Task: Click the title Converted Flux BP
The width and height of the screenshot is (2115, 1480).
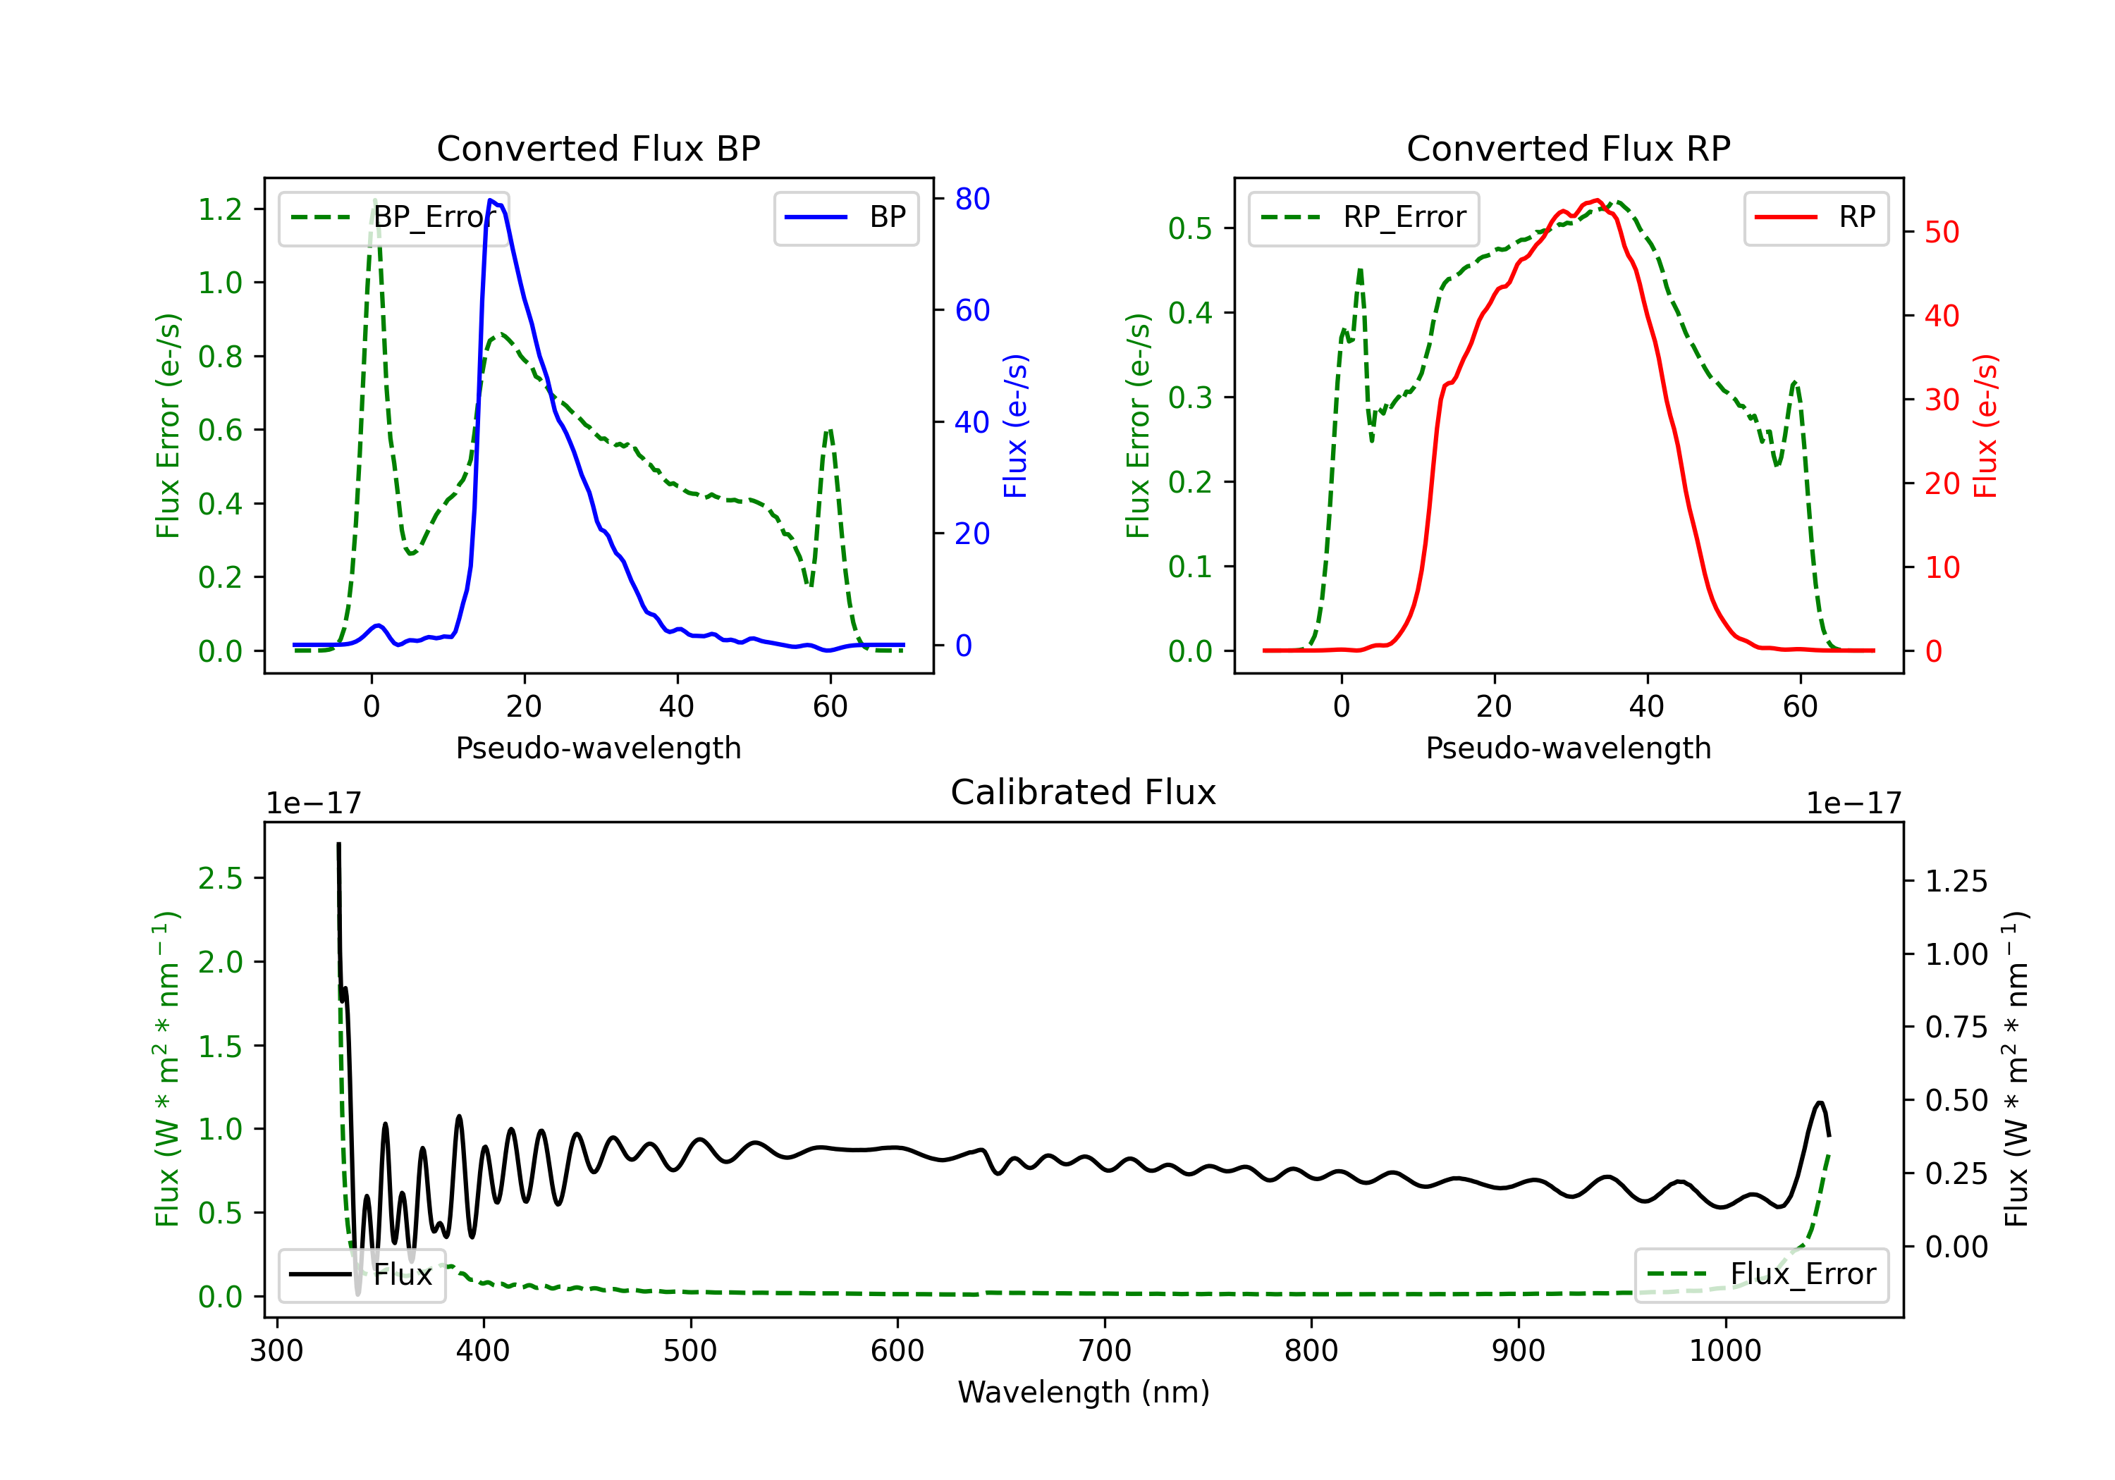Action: click(598, 148)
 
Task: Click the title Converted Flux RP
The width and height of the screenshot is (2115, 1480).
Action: click(1568, 148)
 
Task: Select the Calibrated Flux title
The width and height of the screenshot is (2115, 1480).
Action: click(1084, 792)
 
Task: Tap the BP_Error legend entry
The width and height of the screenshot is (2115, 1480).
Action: click(393, 217)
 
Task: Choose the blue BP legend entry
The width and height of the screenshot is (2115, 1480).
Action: click(845, 217)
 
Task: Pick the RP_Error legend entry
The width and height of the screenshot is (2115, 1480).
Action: click(1363, 217)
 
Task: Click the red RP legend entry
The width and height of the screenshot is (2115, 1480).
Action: click(1815, 217)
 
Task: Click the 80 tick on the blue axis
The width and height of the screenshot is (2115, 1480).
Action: click(971, 199)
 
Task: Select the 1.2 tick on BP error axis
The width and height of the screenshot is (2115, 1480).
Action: click(220, 209)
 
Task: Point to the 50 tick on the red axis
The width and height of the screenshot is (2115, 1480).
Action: click(1942, 232)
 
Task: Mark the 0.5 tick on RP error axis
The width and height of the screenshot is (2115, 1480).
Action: click(1190, 228)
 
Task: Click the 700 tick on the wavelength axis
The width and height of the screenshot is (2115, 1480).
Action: click(1105, 1351)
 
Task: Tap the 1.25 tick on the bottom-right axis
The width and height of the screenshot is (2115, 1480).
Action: click(1956, 882)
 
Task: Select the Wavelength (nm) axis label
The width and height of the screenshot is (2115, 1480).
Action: click(1084, 1392)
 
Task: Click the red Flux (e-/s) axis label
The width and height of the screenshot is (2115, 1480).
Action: click(1985, 426)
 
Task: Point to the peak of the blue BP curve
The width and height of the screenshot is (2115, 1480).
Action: click(490, 200)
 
